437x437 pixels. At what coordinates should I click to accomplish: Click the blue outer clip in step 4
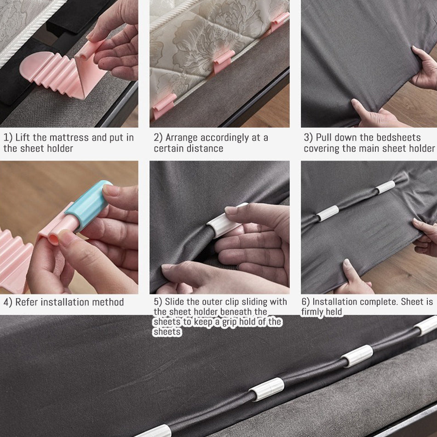(89, 205)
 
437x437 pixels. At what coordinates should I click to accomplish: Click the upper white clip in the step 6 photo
(385, 187)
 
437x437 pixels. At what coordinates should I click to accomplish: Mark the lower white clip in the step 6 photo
(328, 213)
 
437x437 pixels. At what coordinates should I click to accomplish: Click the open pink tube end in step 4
(53, 239)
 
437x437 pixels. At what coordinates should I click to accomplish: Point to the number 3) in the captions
(308, 138)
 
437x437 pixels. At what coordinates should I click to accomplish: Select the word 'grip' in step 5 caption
(225, 322)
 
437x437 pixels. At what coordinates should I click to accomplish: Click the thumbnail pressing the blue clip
(110, 190)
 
